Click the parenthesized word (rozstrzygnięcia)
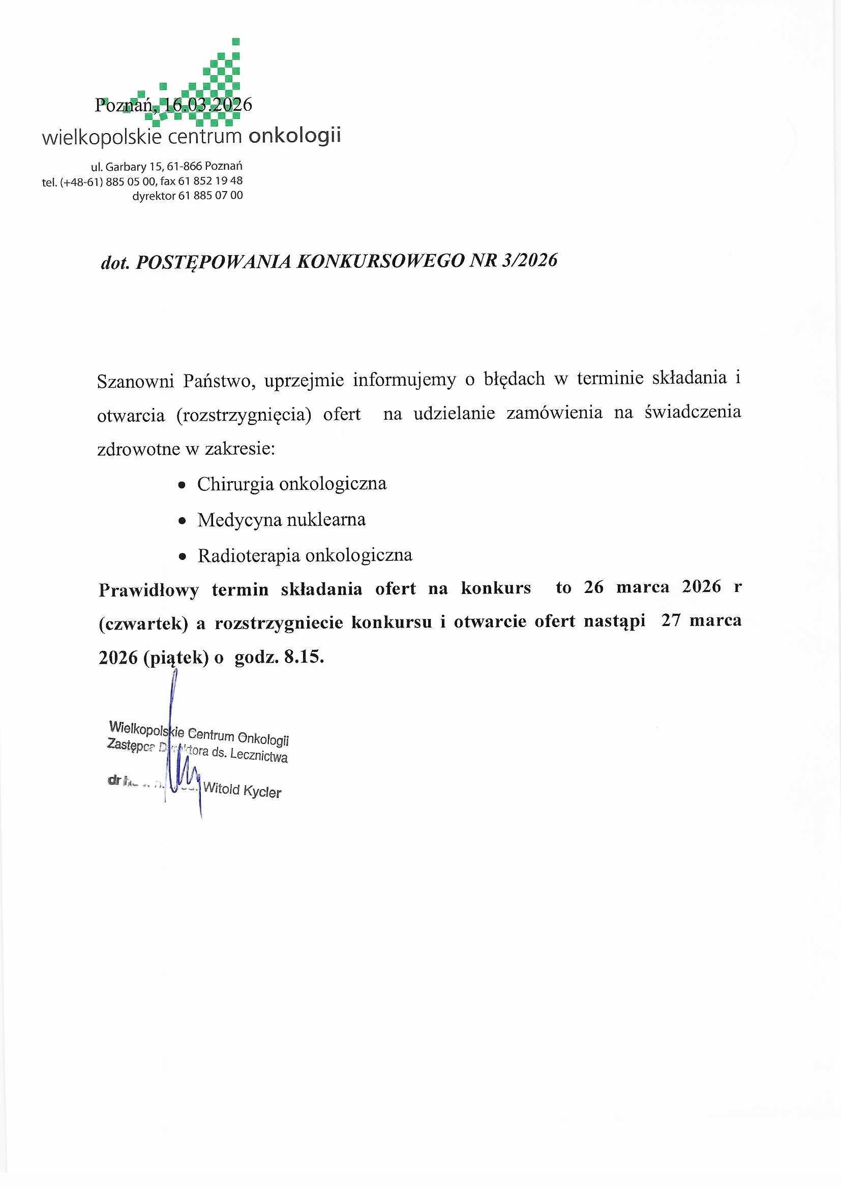tap(244, 416)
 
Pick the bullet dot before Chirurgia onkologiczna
tap(181, 486)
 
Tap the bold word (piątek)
tap(177, 658)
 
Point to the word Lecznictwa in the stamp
tap(263, 759)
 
